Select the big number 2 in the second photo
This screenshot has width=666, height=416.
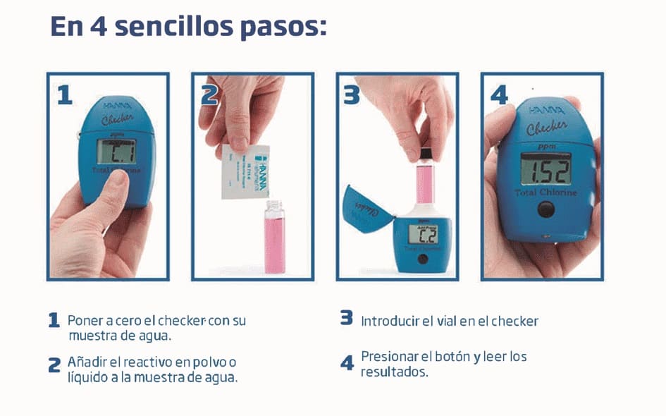pyautogui.click(x=209, y=94)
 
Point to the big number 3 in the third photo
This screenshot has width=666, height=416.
pyautogui.click(x=352, y=94)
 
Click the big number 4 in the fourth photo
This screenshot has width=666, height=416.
pyautogui.click(x=500, y=94)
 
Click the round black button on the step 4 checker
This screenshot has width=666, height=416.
pyautogui.click(x=545, y=209)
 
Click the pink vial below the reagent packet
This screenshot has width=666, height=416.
pyautogui.click(x=275, y=235)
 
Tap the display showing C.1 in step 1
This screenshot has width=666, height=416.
pyautogui.click(x=116, y=152)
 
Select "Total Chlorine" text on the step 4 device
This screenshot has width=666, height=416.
pyautogui.click(x=545, y=192)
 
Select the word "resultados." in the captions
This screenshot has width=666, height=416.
pyautogui.click(x=395, y=372)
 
